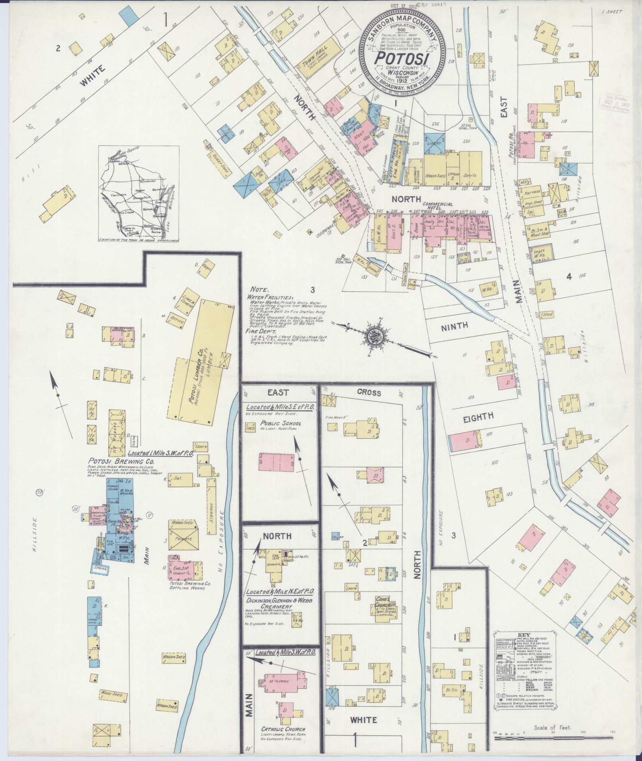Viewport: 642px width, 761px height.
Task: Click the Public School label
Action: [x=281, y=423]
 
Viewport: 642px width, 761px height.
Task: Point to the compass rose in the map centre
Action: [x=374, y=334]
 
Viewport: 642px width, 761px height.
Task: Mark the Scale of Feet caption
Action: [x=553, y=728]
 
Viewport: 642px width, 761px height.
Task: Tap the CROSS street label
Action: [x=369, y=393]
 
